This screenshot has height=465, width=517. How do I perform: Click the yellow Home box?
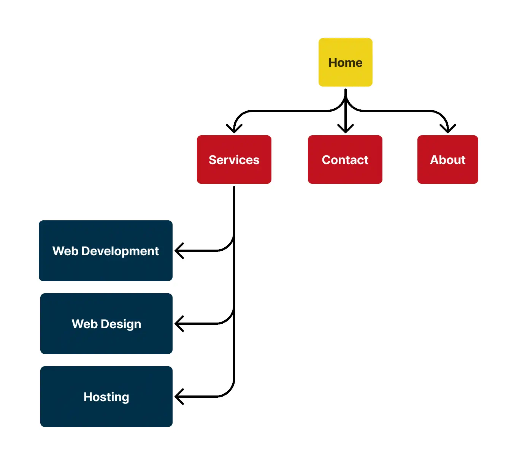point(345,62)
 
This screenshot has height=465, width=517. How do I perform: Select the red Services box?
point(234,160)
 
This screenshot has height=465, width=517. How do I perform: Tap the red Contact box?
point(345,160)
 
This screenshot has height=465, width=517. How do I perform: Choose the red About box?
point(447,160)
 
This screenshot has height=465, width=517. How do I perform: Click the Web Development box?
point(106,251)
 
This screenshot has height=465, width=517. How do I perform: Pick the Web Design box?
point(106,324)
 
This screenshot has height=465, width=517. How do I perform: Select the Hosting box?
point(106,397)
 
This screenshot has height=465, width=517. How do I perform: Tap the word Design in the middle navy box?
point(121,324)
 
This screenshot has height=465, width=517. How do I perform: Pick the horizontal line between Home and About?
point(395,111)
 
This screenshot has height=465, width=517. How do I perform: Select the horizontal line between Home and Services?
point(289,111)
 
